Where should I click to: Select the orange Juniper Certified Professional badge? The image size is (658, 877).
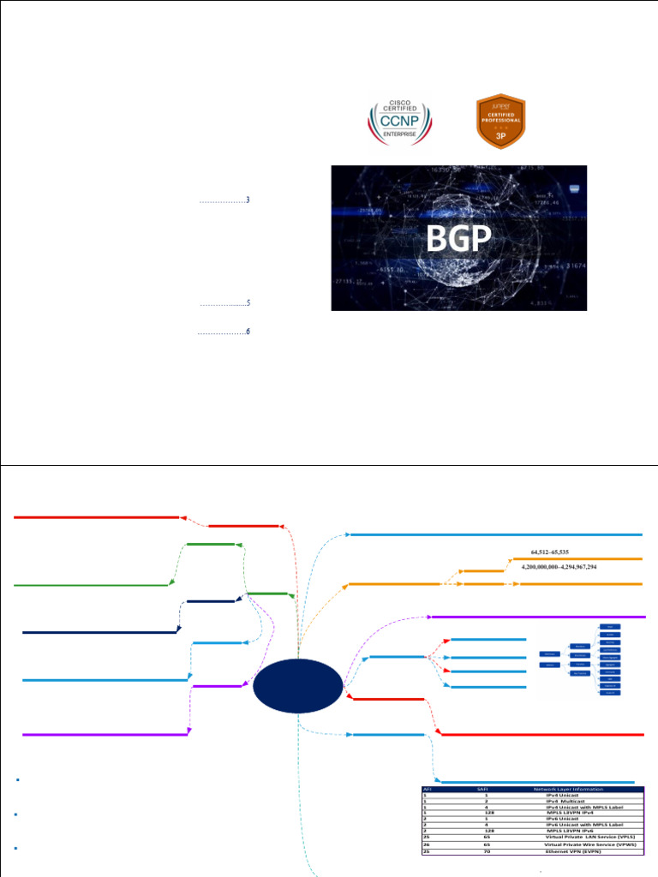(500, 121)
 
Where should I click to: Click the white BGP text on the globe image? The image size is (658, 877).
(459, 241)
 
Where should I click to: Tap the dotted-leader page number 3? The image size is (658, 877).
(248, 200)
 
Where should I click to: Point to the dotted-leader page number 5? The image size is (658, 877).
(248, 303)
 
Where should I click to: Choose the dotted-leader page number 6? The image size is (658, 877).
(248, 331)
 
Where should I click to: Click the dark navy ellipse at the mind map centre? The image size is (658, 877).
(299, 687)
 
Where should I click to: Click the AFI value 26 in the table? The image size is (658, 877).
(425, 844)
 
